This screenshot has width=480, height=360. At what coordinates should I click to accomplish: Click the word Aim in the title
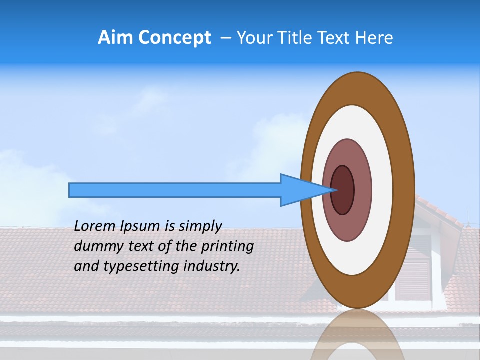click(x=115, y=38)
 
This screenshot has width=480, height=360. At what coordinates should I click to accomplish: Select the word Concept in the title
click(x=174, y=38)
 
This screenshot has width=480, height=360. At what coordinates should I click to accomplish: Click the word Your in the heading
click(x=252, y=38)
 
